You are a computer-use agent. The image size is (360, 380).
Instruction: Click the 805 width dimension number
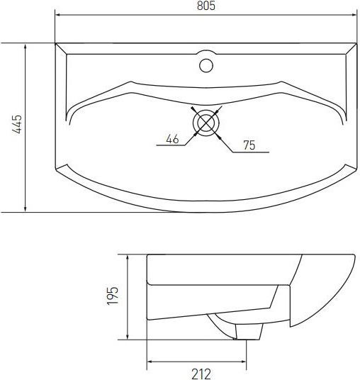point(206,6)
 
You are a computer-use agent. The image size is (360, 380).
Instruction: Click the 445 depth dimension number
point(17,124)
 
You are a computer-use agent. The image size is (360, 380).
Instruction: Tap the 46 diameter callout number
point(172,139)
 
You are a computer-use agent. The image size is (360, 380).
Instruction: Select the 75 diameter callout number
point(249,145)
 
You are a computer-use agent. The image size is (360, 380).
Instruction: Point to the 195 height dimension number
point(113,296)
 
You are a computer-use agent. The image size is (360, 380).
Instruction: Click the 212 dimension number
point(201,374)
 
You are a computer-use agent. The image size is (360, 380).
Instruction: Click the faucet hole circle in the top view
point(206,65)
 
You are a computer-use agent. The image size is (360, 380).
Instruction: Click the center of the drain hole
point(206,123)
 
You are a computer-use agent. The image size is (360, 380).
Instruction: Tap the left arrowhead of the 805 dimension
point(58,15)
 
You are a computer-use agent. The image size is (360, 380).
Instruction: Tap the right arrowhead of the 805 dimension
point(354,15)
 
